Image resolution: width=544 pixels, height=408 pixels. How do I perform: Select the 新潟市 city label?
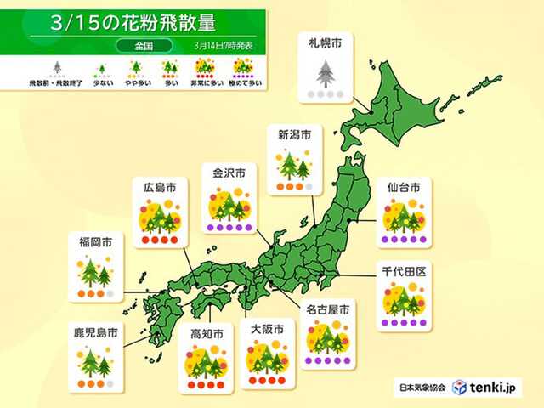click(x=293, y=133)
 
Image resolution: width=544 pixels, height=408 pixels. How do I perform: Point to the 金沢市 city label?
click(x=229, y=173)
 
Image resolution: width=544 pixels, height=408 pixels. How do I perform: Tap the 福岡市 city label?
click(x=94, y=242)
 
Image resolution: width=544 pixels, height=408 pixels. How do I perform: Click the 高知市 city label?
click(x=207, y=333)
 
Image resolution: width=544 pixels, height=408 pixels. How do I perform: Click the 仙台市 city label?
click(x=403, y=184)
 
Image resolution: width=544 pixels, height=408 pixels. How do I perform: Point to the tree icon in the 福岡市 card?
click(x=94, y=273)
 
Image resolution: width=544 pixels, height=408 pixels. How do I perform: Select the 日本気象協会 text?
click(x=422, y=388)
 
